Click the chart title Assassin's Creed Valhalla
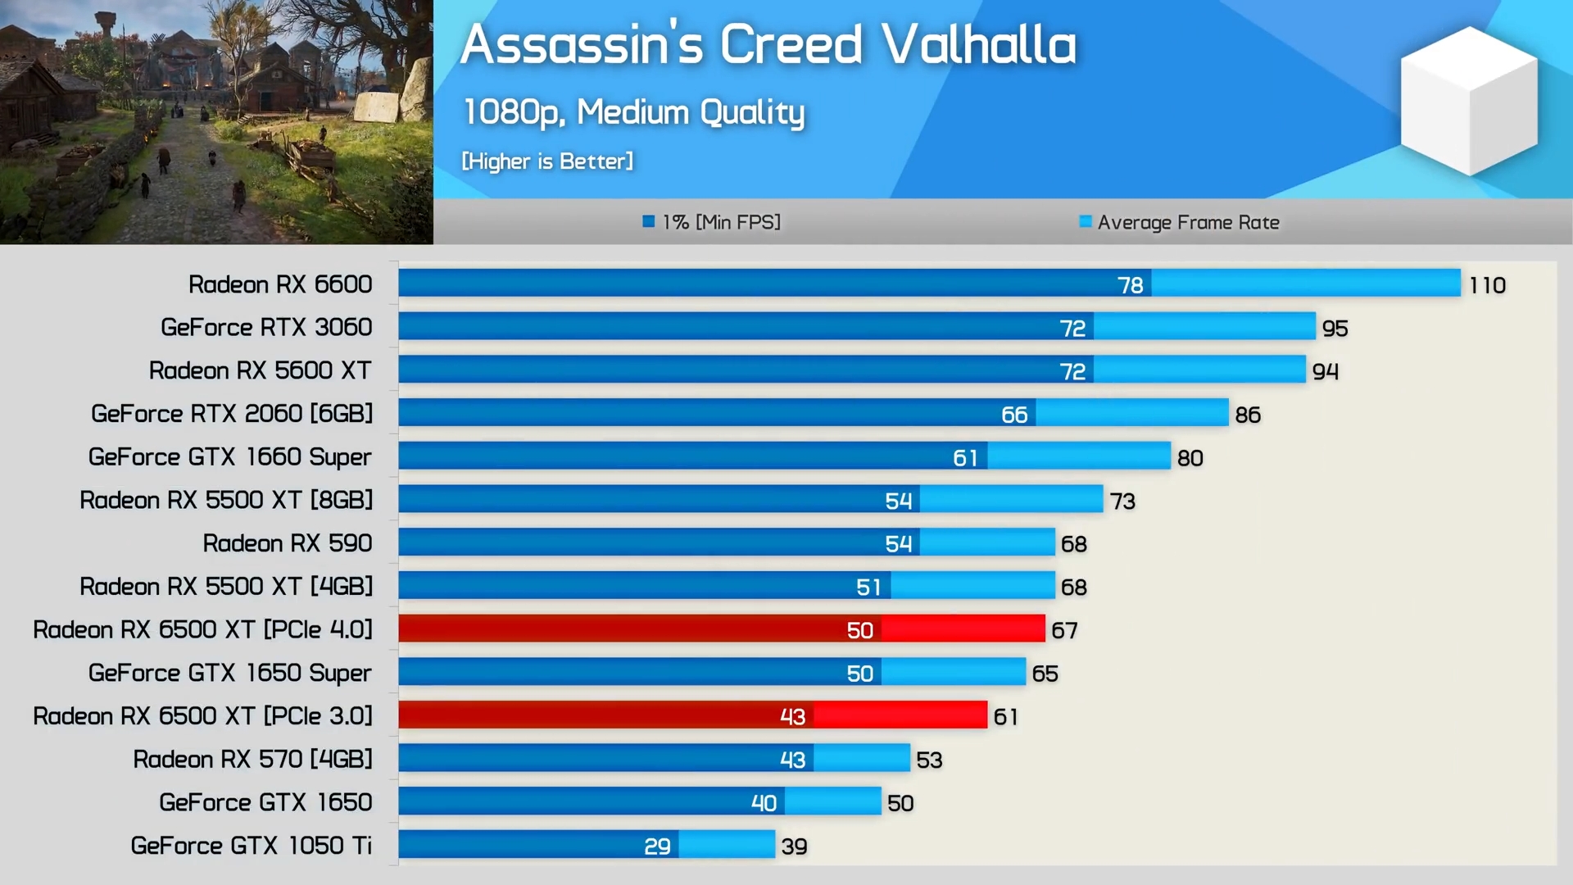click(x=768, y=44)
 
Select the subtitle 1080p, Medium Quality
click(x=633, y=112)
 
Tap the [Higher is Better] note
click(x=547, y=161)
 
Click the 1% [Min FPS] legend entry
click(x=712, y=222)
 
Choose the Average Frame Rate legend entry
click(x=1179, y=222)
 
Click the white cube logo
click(x=1468, y=100)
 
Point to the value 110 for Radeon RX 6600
click(x=1487, y=285)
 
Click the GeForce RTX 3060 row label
click(x=266, y=327)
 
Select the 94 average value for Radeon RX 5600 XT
click(x=1325, y=371)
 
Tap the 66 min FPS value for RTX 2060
click(x=1014, y=415)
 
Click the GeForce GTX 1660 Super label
click(x=229, y=456)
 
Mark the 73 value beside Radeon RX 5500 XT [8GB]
click(x=1122, y=501)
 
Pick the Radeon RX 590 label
click(x=287, y=543)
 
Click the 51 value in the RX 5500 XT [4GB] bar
click(x=868, y=587)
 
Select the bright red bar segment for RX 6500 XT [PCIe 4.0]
click(x=963, y=629)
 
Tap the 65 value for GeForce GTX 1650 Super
click(x=1045, y=674)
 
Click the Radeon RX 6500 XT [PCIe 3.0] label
click(x=202, y=716)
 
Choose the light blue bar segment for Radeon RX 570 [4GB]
click(x=861, y=759)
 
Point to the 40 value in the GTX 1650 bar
click(x=764, y=803)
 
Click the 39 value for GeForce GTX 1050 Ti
click(x=794, y=846)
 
